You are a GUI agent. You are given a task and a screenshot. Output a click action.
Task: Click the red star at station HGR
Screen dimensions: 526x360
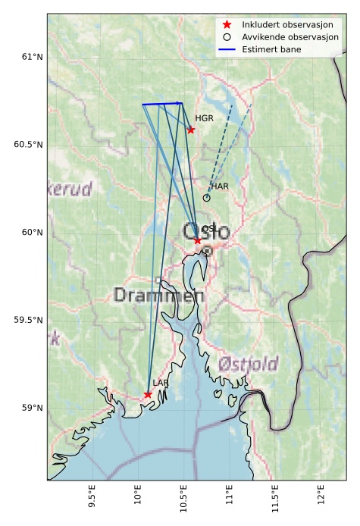[191, 130]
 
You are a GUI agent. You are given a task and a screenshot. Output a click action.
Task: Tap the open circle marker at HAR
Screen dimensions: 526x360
[206, 198]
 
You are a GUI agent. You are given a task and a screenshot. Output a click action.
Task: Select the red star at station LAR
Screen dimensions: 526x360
[148, 394]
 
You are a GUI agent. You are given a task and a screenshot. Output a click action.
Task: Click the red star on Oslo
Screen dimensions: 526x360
[197, 240]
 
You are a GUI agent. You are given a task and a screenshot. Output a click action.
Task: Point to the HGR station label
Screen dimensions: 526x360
[204, 118]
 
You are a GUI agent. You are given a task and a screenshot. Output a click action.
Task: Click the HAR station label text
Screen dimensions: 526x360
[220, 186]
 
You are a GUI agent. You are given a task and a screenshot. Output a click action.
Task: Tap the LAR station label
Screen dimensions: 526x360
[160, 383]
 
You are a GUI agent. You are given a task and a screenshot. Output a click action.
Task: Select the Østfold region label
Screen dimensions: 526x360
[248, 365]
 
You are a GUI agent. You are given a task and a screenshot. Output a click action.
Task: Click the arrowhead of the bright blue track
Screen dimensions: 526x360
[180, 103]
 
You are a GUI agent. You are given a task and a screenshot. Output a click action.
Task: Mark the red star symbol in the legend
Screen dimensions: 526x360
[227, 25]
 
